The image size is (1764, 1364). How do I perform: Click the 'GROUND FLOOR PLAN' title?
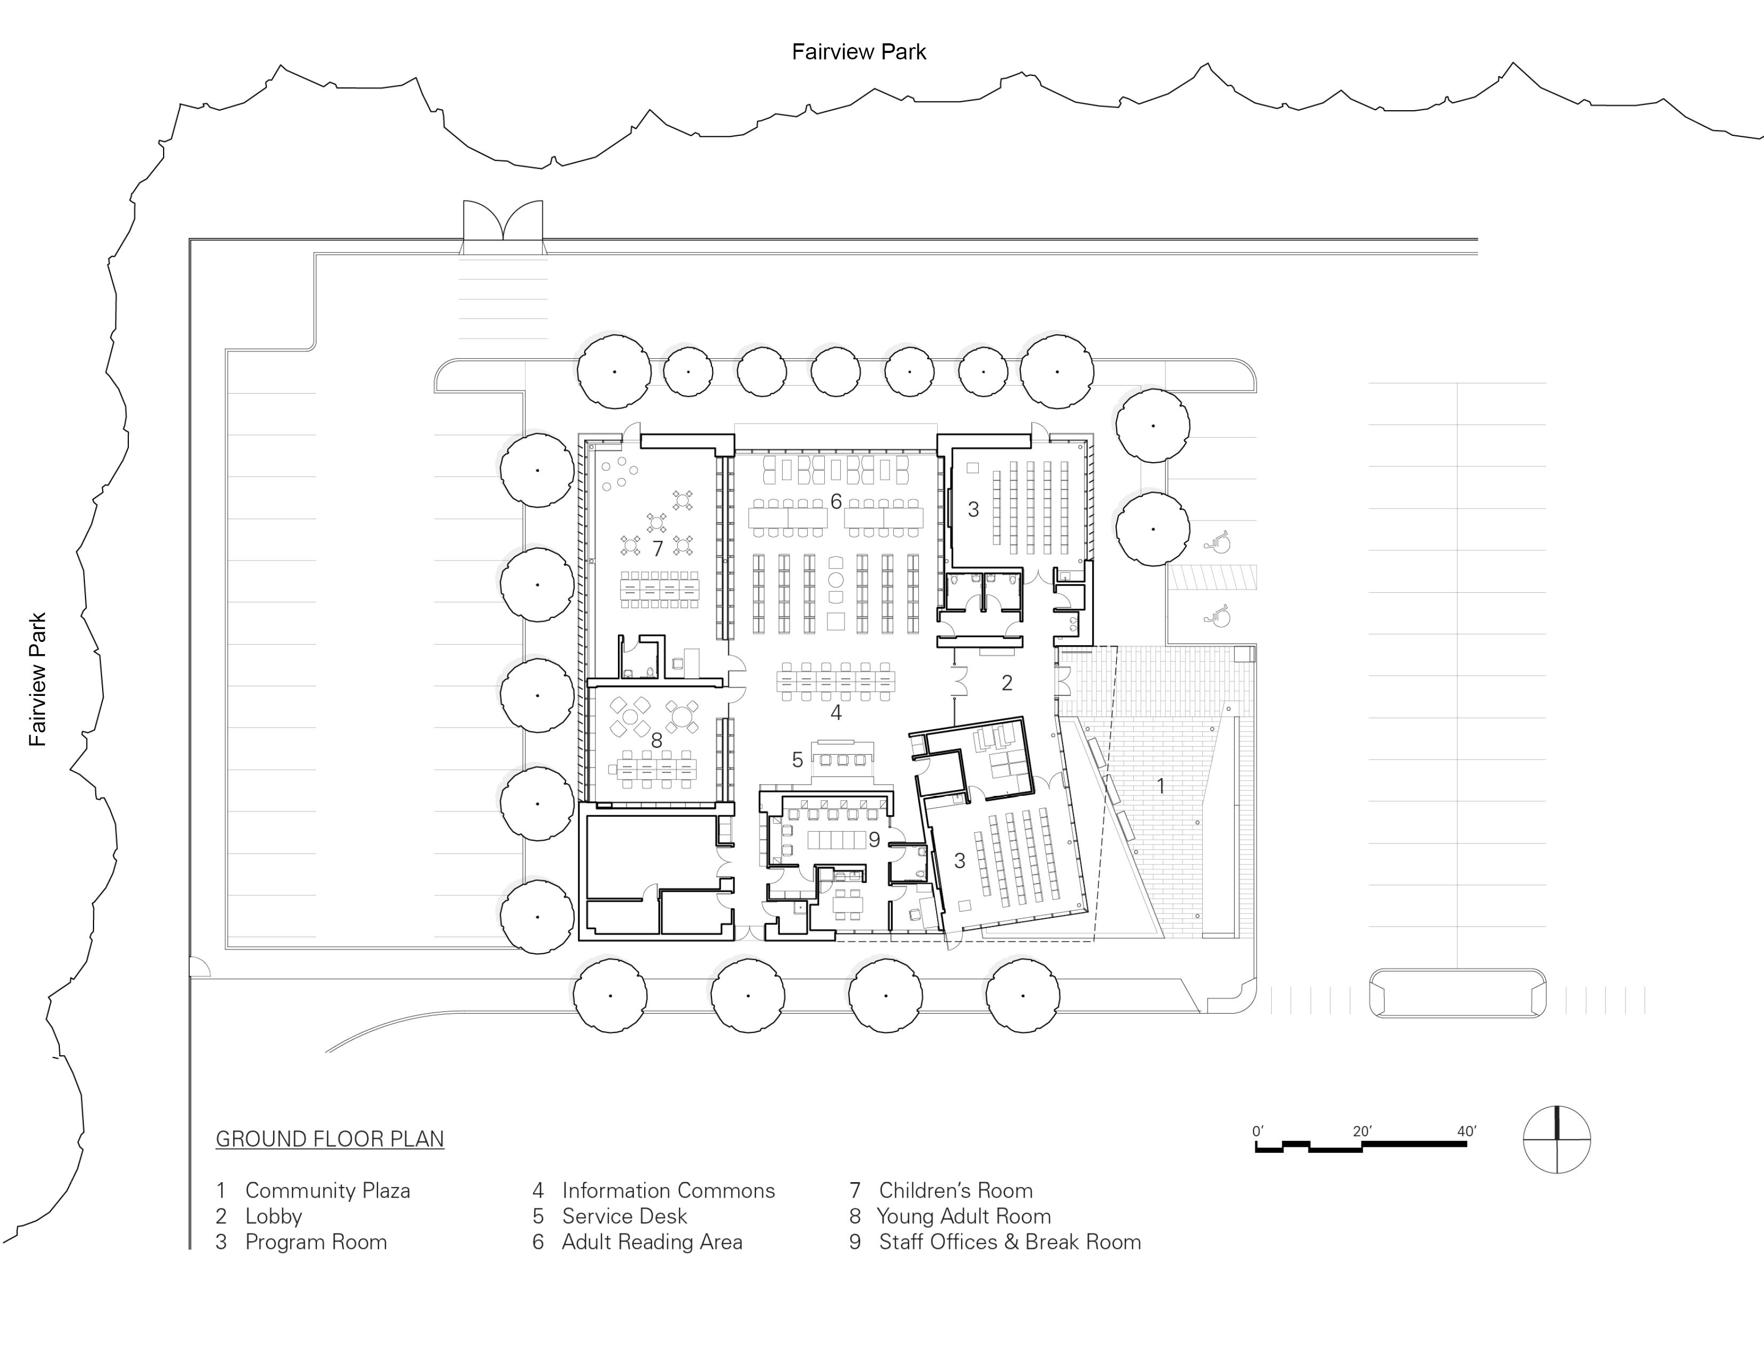(329, 1139)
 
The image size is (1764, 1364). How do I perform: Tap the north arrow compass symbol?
(1557, 1139)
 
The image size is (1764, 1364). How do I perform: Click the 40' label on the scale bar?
(1467, 1131)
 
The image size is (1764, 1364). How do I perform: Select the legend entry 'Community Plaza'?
(327, 1190)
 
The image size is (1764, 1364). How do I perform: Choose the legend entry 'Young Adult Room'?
(964, 1216)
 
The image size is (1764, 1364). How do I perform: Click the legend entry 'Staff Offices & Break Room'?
(1010, 1242)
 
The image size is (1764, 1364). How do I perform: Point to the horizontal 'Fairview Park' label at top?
(858, 52)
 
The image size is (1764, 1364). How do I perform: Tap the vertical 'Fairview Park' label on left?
(38, 679)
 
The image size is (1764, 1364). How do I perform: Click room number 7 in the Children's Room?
(657, 549)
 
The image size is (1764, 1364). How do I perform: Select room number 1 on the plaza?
(1160, 785)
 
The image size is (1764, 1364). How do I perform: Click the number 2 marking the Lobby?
(1007, 684)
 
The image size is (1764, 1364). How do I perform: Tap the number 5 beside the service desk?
(797, 760)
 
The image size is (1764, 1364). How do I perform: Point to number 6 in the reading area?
(836, 502)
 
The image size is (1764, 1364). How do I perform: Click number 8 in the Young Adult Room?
(656, 740)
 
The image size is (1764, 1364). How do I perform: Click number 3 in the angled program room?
(960, 861)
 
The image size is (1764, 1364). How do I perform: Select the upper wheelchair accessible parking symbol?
(1217, 541)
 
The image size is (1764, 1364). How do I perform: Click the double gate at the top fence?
(502, 222)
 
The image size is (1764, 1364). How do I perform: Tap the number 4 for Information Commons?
(836, 712)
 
